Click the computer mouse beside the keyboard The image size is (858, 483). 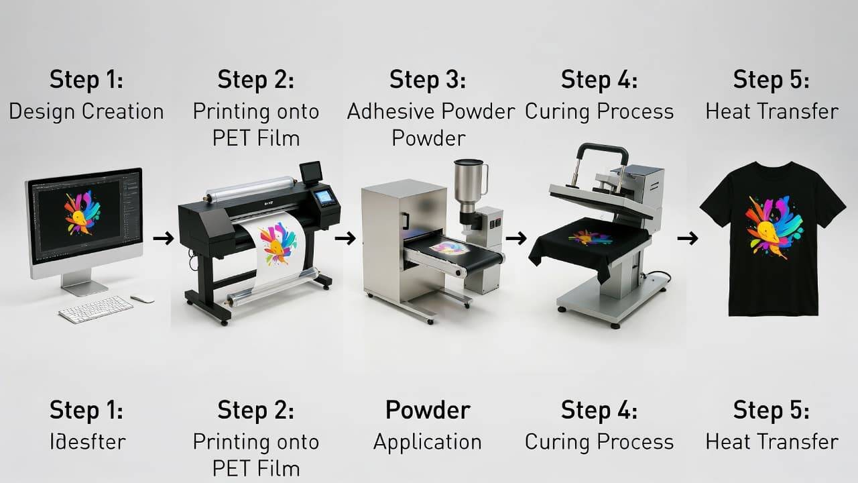142,299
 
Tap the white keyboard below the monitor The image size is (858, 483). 95,309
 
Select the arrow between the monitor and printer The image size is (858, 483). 163,237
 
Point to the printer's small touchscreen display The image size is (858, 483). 324,197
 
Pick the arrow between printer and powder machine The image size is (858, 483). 345,237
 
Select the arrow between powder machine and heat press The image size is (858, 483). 516,237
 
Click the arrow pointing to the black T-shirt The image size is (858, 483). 687,237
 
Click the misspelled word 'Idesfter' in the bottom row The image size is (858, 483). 87,442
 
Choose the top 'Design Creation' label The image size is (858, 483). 86,111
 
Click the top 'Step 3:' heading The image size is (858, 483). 428,80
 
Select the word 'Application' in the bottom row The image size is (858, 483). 428,442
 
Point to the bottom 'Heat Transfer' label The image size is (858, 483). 772,442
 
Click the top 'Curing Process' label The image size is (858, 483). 599,111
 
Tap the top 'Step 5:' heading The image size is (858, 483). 772,80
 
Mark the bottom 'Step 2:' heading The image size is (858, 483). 256,410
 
